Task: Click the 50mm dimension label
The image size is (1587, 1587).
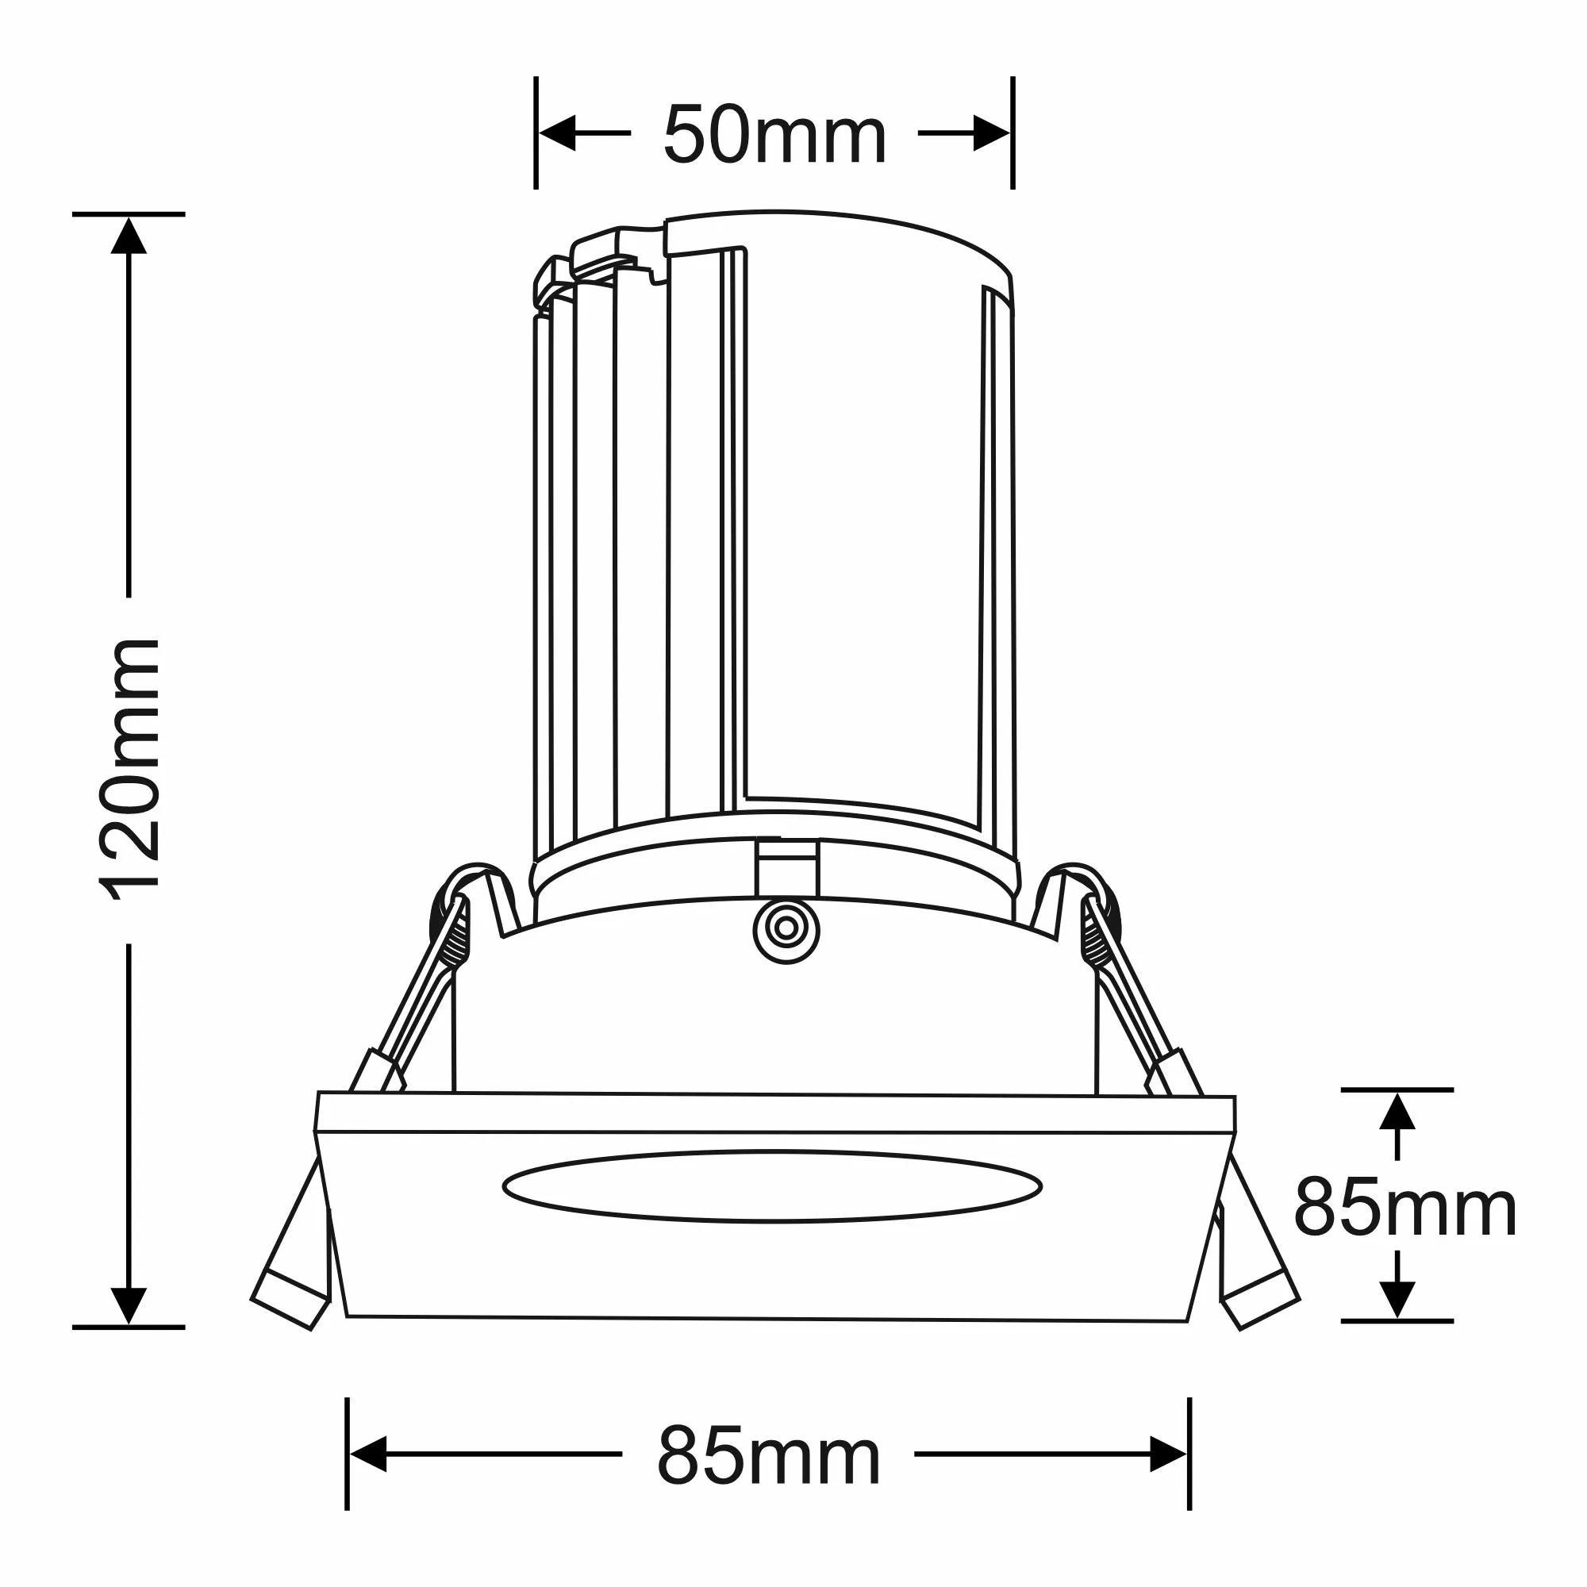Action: point(774,135)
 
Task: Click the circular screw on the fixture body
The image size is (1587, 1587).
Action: point(786,928)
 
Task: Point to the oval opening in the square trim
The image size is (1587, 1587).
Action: point(772,1185)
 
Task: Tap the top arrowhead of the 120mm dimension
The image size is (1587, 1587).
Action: point(129,236)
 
